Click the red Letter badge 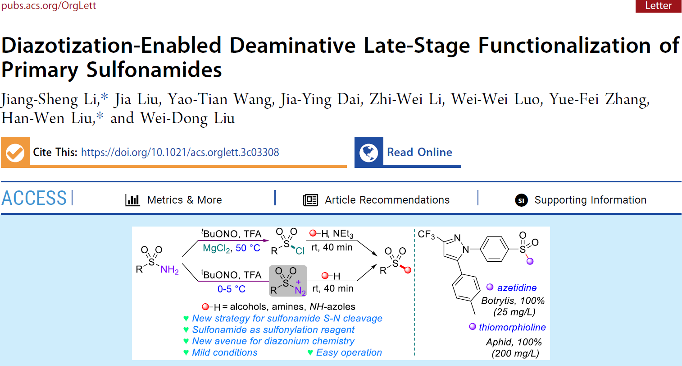click(658, 6)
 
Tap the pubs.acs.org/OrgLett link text click(48, 6)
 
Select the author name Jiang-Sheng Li click(50, 99)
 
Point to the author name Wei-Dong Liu click(187, 118)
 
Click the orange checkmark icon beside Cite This click(15, 153)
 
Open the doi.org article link click(180, 153)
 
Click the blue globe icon click(368, 153)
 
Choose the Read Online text click(419, 153)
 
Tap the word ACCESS click(34, 198)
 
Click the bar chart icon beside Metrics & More click(132, 200)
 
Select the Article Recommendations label click(387, 200)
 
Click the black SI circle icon click(521, 200)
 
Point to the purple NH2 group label click(169, 270)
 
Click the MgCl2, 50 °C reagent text click(231, 248)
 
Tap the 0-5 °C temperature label click(231, 289)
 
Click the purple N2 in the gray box click(300, 291)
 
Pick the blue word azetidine click(517, 288)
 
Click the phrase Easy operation click(349, 352)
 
